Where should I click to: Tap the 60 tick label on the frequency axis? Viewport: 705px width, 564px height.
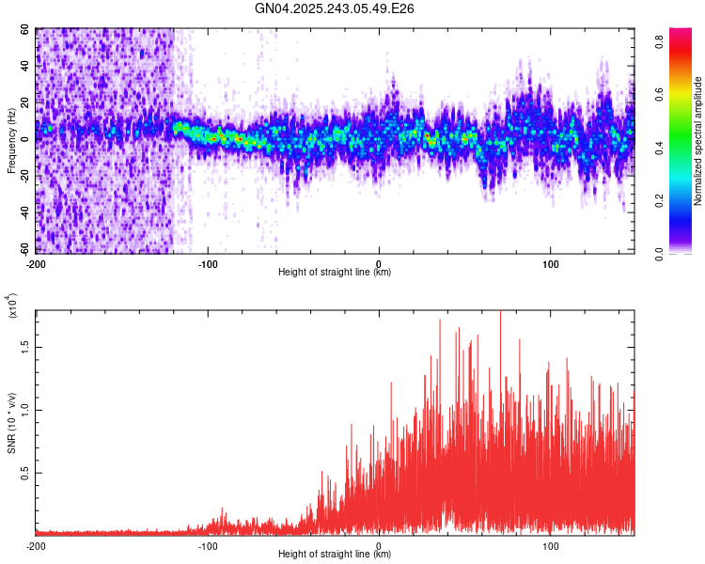[x=25, y=29]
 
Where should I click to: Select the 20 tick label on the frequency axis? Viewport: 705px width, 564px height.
[x=25, y=102]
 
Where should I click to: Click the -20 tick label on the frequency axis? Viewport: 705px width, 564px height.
[x=25, y=176]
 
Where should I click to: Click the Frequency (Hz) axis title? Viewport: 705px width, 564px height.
[x=11, y=140]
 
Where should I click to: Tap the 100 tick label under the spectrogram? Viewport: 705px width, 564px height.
[x=550, y=262]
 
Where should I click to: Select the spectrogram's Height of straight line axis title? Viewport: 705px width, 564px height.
[x=335, y=273]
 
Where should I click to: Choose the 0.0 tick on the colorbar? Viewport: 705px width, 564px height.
[x=662, y=253]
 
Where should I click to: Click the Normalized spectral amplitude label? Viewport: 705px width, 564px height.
[x=697, y=141]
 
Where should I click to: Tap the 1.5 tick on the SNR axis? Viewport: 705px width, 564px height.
[x=24, y=346]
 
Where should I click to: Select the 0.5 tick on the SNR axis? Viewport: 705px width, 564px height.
[x=24, y=472]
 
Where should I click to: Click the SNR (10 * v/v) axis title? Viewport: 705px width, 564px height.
[x=11, y=422]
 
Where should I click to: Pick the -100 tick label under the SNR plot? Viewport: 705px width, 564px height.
[x=208, y=545]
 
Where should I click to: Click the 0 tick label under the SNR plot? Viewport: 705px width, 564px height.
[x=379, y=545]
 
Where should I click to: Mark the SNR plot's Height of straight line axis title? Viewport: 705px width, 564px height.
[x=335, y=556]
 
